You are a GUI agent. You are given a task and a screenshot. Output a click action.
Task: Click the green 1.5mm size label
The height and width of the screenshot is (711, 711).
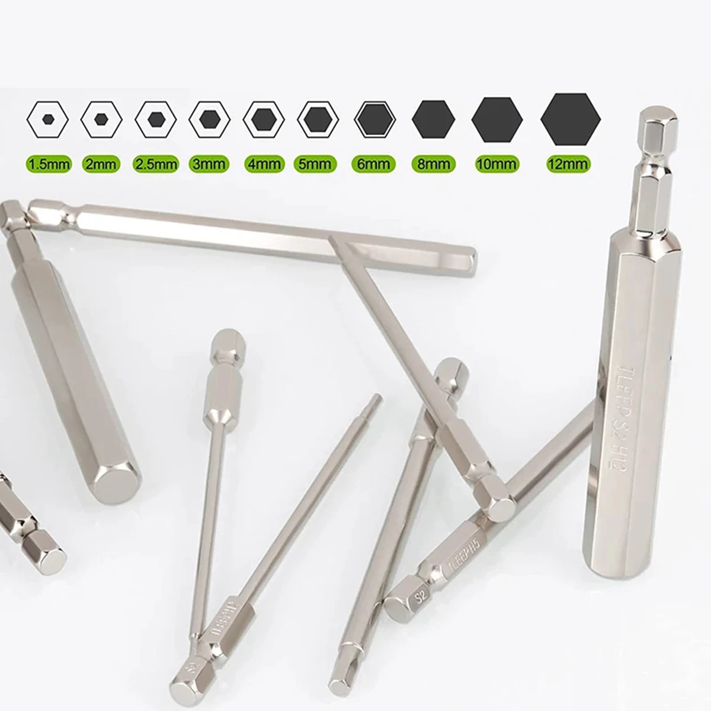(x=48, y=163)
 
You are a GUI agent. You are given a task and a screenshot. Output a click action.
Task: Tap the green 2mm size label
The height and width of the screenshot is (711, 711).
(x=101, y=163)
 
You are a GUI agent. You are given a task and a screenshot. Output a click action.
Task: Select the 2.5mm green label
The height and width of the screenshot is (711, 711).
(x=156, y=163)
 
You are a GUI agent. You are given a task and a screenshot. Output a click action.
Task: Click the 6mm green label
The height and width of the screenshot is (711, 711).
(x=374, y=163)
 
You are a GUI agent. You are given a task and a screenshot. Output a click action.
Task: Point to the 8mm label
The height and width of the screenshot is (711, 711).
(x=433, y=163)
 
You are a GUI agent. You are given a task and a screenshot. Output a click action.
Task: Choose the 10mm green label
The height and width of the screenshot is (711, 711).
(x=497, y=163)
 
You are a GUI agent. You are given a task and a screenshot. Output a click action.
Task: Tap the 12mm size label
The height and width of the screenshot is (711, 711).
(x=568, y=163)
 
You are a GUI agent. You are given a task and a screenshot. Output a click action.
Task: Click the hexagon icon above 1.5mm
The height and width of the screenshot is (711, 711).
(x=48, y=119)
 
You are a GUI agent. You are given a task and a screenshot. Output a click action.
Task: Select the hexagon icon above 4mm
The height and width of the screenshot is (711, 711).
(x=264, y=119)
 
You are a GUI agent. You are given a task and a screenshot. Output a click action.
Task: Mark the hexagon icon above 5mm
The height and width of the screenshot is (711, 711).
(x=318, y=119)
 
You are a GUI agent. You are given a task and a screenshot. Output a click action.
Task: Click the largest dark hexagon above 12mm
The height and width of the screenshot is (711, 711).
(x=570, y=118)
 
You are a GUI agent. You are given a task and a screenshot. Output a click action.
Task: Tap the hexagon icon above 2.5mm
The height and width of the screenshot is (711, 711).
(x=156, y=119)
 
